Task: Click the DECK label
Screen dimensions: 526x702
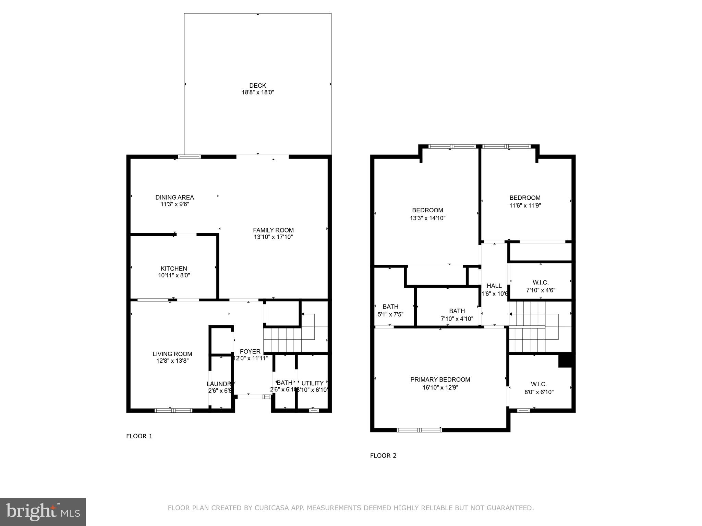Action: click(x=257, y=85)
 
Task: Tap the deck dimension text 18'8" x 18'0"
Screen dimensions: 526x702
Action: click(x=258, y=92)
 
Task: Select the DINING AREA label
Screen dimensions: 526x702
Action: click(x=174, y=197)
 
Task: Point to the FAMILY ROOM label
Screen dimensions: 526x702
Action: click(x=273, y=230)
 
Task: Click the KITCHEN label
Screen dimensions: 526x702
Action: click(x=174, y=268)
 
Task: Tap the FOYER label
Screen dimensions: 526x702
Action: click(x=250, y=351)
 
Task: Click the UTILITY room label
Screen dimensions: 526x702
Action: click(x=312, y=383)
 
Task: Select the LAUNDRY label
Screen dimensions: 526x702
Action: click(x=221, y=384)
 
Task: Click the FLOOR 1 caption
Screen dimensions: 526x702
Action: click(x=139, y=436)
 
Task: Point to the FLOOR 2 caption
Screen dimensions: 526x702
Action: click(x=383, y=455)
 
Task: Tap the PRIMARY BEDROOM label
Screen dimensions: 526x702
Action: click(x=440, y=379)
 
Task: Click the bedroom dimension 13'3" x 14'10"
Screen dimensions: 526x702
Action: click(x=427, y=218)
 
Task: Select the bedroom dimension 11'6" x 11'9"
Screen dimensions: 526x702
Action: click(x=525, y=205)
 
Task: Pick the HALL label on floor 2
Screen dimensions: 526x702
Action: click(x=494, y=286)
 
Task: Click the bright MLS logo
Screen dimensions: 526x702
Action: click(x=43, y=512)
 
